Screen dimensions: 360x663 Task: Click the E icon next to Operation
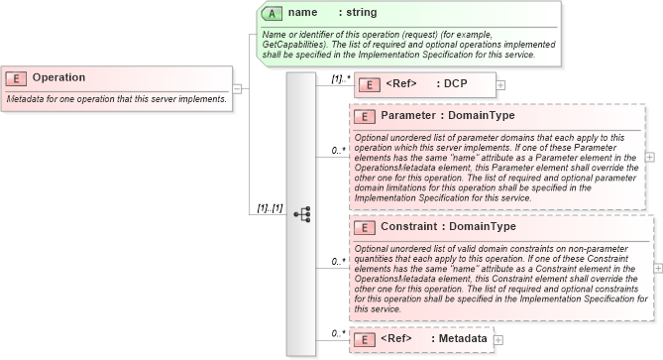tap(17, 78)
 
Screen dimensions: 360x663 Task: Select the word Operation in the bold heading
tap(58, 77)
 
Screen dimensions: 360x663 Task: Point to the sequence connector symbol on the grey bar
tap(301, 212)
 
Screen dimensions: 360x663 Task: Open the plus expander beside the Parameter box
tap(649, 156)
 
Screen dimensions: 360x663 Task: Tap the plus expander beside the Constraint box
tap(657, 267)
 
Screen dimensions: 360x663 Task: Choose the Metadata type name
tap(463, 339)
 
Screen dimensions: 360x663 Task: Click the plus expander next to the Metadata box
tap(498, 339)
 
